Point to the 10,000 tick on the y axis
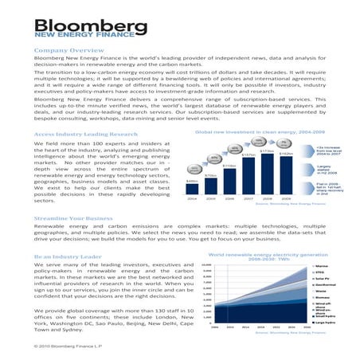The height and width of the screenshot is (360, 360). [x=206, y=266]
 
